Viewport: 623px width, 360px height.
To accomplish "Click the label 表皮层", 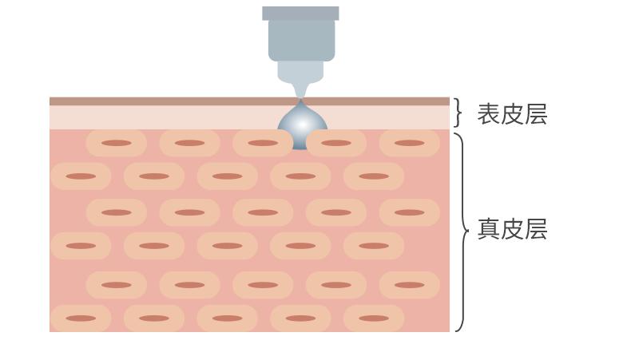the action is pyautogui.click(x=512, y=114).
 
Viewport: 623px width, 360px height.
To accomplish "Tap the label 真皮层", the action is pyautogui.click(x=512, y=228).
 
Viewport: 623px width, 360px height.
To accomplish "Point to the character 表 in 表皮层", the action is pyautogui.click(x=489, y=114).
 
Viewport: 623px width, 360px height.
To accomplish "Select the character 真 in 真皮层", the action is pyautogui.click(x=489, y=228).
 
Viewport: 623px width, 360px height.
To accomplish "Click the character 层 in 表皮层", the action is pyautogui.click(x=536, y=114).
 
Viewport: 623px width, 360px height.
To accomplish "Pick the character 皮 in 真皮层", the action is pyautogui.click(x=512, y=228).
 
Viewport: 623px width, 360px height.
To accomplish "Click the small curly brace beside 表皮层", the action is pyautogui.click(x=458, y=113).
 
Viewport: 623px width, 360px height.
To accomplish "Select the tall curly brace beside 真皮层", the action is pyautogui.click(x=462, y=232).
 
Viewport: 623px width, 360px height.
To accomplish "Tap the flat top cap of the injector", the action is pyautogui.click(x=300, y=13).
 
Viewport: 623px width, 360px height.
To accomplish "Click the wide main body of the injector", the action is pyautogui.click(x=301, y=41).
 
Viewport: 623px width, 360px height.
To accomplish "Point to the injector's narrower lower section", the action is pyautogui.click(x=300, y=72).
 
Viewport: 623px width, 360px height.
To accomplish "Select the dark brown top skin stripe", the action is pyautogui.click(x=249, y=101).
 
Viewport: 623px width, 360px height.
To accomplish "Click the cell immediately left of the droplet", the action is pyautogui.click(x=262, y=143).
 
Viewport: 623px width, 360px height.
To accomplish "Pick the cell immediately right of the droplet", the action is pyautogui.click(x=336, y=143).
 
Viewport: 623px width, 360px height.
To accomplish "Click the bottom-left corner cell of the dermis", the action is pyautogui.click(x=81, y=318).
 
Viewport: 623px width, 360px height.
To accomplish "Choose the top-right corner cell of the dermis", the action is pyautogui.click(x=409, y=143).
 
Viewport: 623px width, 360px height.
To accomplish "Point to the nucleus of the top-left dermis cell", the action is pyautogui.click(x=116, y=143).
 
